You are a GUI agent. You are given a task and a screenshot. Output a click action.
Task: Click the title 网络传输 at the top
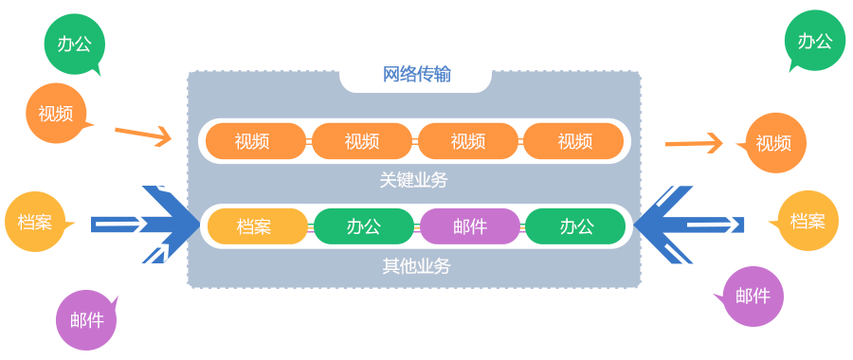click(416, 75)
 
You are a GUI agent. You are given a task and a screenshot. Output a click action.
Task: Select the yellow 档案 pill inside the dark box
click(254, 226)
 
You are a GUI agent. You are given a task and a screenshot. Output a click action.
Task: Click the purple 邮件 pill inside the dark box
click(470, 226)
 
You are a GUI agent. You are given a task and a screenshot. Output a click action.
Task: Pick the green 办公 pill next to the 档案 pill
click(364, 226)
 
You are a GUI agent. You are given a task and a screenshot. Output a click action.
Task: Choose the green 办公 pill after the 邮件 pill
click(576, 226)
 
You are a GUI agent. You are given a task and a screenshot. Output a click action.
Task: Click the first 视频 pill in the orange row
click(252, 141)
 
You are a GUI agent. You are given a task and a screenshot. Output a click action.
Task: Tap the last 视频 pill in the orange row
click(574, 141)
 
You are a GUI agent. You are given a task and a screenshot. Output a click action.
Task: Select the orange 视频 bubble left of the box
click(56, 114)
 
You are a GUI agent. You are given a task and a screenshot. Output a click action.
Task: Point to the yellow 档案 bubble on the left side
click(36, 223)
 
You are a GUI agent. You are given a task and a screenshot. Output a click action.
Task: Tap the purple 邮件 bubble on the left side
click(86, 319)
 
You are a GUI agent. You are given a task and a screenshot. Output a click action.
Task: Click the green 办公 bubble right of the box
click(814, 41)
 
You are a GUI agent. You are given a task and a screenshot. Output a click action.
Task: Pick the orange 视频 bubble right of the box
click(774, 144)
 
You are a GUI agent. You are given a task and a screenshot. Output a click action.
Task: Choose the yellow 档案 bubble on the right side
click(808, 221)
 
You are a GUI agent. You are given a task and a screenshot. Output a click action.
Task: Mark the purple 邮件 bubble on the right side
click(753, 297)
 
